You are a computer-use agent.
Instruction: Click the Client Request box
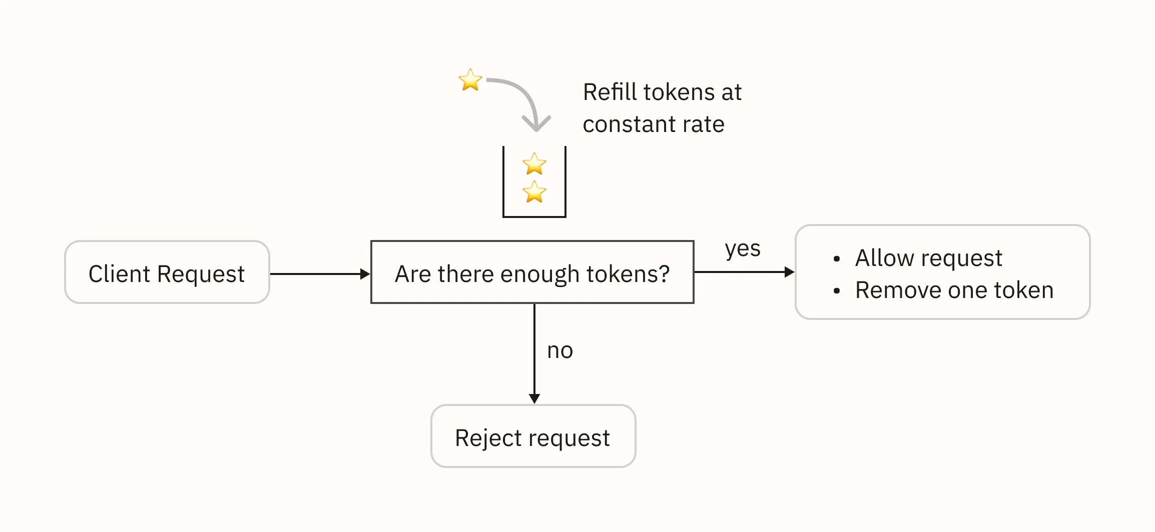pyautogui.click(x=167, y=272)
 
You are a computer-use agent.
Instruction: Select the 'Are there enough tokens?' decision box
pyautogui.click(x=532, y=272)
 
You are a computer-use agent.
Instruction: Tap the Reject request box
pyautogui.click(x=533, y=436)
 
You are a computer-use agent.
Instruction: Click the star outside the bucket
pyautogui.click(x=470, y=80)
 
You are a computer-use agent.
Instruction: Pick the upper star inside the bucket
pyautogui.click(x=534, y=164)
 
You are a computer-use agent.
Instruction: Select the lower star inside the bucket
pyautogui.click(x=534, y=192)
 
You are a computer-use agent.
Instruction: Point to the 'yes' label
pyautogui.click(x=743, y=248)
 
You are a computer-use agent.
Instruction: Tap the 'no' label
pyautogui.click(x=560, y=350)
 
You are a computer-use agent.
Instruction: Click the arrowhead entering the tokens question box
pyautogui.click(x=365, y=274)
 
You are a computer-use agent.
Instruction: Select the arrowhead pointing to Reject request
pyautogui.click(x=534, y=398)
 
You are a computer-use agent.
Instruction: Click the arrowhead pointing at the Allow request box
pyautogui.click(x=789, y=272)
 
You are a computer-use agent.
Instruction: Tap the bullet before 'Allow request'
pyautogui.click(x=837, y=258)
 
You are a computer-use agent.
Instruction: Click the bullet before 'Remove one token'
pyautogui.click(x=837, y=290)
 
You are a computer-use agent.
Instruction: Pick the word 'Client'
pyautogui.click(x=119, y=274)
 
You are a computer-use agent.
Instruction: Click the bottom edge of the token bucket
pyautogui.click(x=534, y=216)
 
